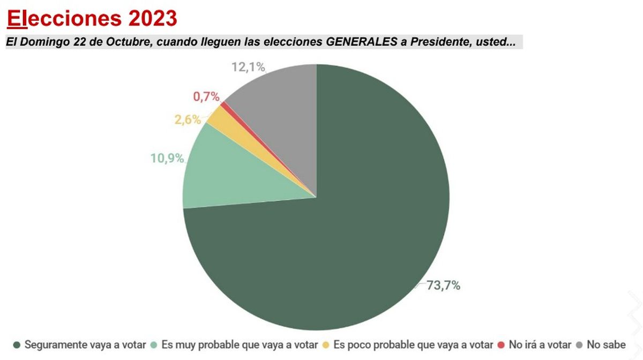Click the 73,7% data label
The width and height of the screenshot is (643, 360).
444,286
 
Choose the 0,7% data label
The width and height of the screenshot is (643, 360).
206,97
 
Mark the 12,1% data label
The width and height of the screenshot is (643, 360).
249,67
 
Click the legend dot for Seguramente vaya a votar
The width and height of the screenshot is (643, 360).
17,344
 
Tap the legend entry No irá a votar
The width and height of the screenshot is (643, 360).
540,344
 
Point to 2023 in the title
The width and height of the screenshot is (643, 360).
152,18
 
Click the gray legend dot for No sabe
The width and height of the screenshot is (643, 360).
580,344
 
